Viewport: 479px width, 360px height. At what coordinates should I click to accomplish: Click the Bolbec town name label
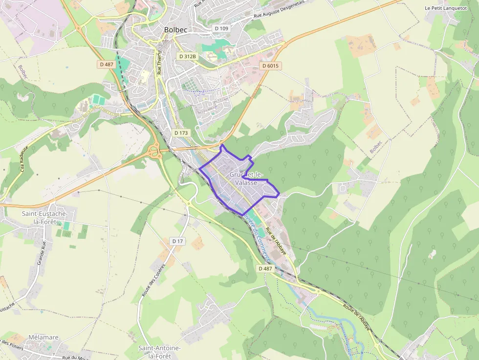(x=175, y=30)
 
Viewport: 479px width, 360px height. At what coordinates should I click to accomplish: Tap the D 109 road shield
(x=221, y=28)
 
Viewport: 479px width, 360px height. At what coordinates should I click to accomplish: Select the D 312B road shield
(x=188, y=56)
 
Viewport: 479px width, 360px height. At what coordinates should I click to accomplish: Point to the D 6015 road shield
(x=270, y=66)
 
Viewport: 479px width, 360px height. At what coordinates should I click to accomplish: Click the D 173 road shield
(x=181, y=132)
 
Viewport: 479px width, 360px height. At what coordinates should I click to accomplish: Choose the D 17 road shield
(x=177, y=241)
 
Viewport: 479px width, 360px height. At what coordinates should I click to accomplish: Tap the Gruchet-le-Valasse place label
(x=246, y=179)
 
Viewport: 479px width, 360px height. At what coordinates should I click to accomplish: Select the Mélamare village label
(x=44, y=338)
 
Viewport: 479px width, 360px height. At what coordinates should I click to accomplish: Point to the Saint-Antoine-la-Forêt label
(x=160, y=352)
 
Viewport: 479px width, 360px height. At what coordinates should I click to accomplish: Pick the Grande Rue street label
(x=42, y=253)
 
